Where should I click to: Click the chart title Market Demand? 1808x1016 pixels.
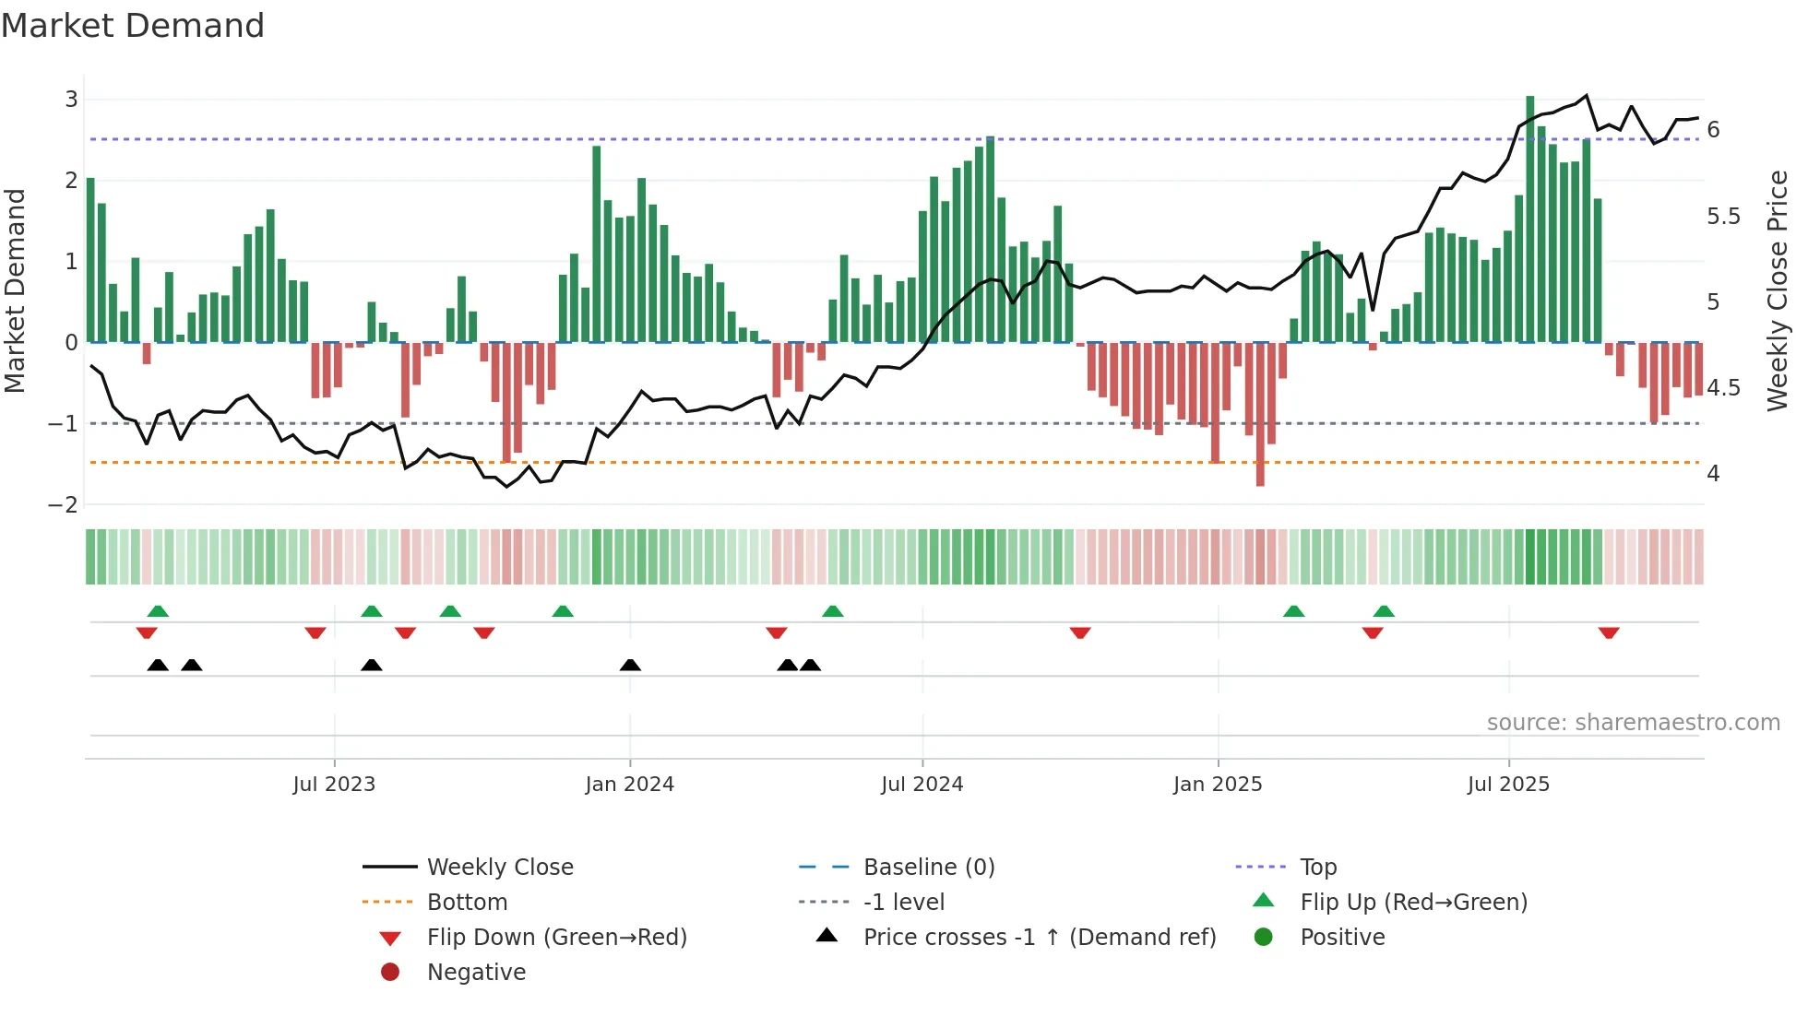tap(133, 26)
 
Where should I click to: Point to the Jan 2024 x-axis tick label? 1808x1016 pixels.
tap(629, 785)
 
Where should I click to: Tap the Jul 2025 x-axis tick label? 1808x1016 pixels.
tap(1508, 785)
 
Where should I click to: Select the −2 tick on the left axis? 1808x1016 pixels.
tap(64, 505)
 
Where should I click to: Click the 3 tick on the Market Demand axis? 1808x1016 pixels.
tap(71, 100)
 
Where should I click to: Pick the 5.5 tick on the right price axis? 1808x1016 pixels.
tap(1723, 217)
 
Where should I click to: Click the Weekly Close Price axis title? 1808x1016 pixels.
tap(1777, 290)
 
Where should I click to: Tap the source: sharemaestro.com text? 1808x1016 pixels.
tap(1633, 723)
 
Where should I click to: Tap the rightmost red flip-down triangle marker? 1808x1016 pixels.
tap(1609, 632)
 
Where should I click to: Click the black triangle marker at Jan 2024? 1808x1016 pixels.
tap(630, 666)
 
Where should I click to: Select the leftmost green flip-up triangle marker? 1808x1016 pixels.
tap(158, 611)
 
